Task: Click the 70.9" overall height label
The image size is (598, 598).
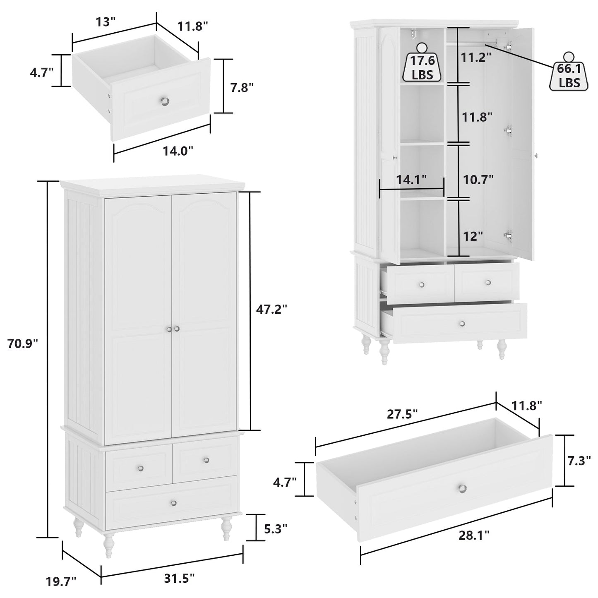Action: (23, 343)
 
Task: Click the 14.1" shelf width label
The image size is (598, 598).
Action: (411, 180)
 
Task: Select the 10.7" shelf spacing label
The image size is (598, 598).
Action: (478, 180)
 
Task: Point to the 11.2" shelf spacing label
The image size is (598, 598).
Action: (476, 57)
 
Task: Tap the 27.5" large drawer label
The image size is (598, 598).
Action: (402, 414)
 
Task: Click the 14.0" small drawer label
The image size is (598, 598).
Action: (178, 151)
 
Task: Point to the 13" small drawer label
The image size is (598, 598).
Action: (107, 22)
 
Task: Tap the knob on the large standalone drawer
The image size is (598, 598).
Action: (463, 488)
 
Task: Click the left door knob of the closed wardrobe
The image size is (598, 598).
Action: (169, 329)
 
